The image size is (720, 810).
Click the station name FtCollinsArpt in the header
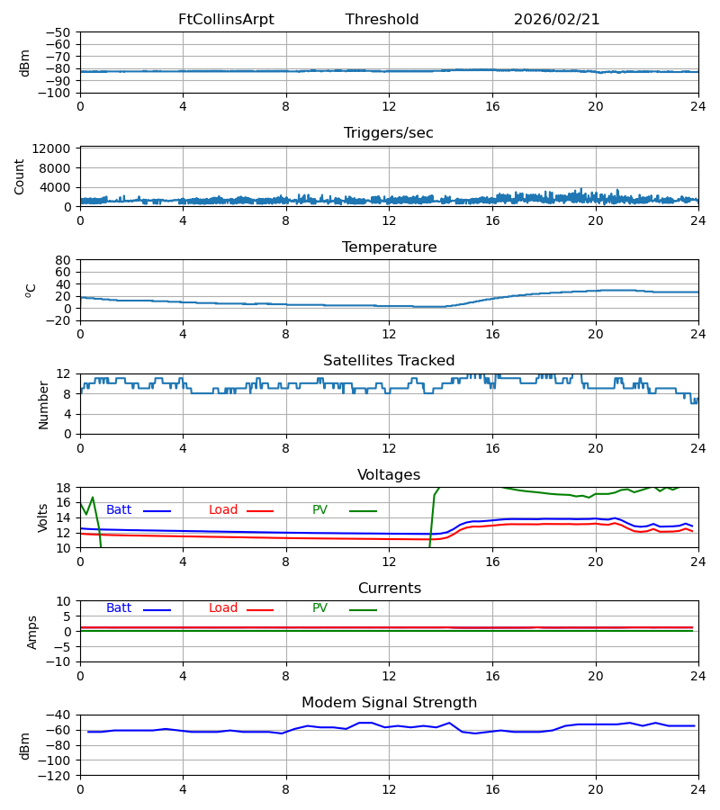(226, 20)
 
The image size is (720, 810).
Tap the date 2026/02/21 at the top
(556, 20)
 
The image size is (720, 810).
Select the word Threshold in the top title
(382, 20)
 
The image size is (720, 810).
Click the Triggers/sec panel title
(389, 133)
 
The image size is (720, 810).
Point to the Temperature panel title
(389, 247)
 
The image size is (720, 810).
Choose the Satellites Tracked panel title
(389, 361)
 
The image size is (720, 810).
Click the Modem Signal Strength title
(389, 703)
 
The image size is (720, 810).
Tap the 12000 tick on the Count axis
(57, 148)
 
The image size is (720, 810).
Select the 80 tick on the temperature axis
(64, 260)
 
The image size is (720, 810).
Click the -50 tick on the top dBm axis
(60, 32)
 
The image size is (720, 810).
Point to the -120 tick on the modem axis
(57, 775)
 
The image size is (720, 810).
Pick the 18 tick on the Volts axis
(64, 488)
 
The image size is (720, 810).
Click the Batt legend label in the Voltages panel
(119, 510)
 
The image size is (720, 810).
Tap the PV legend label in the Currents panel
(319, 608)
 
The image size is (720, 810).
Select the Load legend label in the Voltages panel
(223, 510)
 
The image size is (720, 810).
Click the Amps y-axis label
(32, 632)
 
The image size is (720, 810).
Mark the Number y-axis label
(44, 404)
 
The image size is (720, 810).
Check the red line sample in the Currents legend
(260, 610)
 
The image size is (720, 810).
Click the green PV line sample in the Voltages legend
(363, 511)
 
